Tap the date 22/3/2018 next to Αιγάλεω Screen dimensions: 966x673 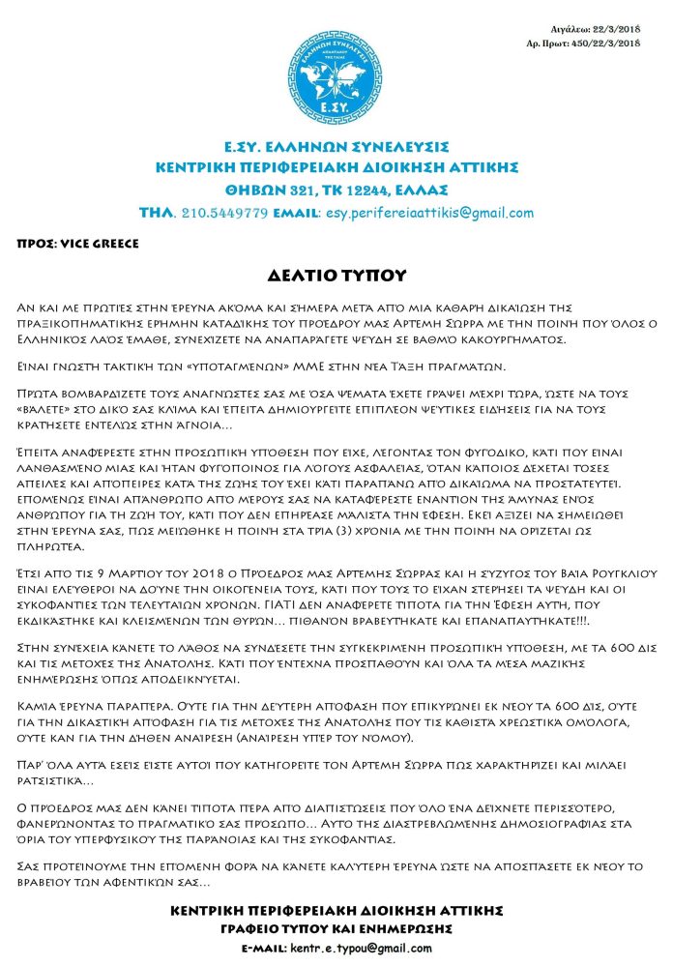pyautogui.click(x=615, y=31)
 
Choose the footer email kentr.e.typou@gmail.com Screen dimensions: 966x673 pyautogui.click(x=358, y=948)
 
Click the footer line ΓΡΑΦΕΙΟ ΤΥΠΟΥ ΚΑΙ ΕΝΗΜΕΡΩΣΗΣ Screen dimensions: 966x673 pyautogui.click(x=336, y=928)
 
